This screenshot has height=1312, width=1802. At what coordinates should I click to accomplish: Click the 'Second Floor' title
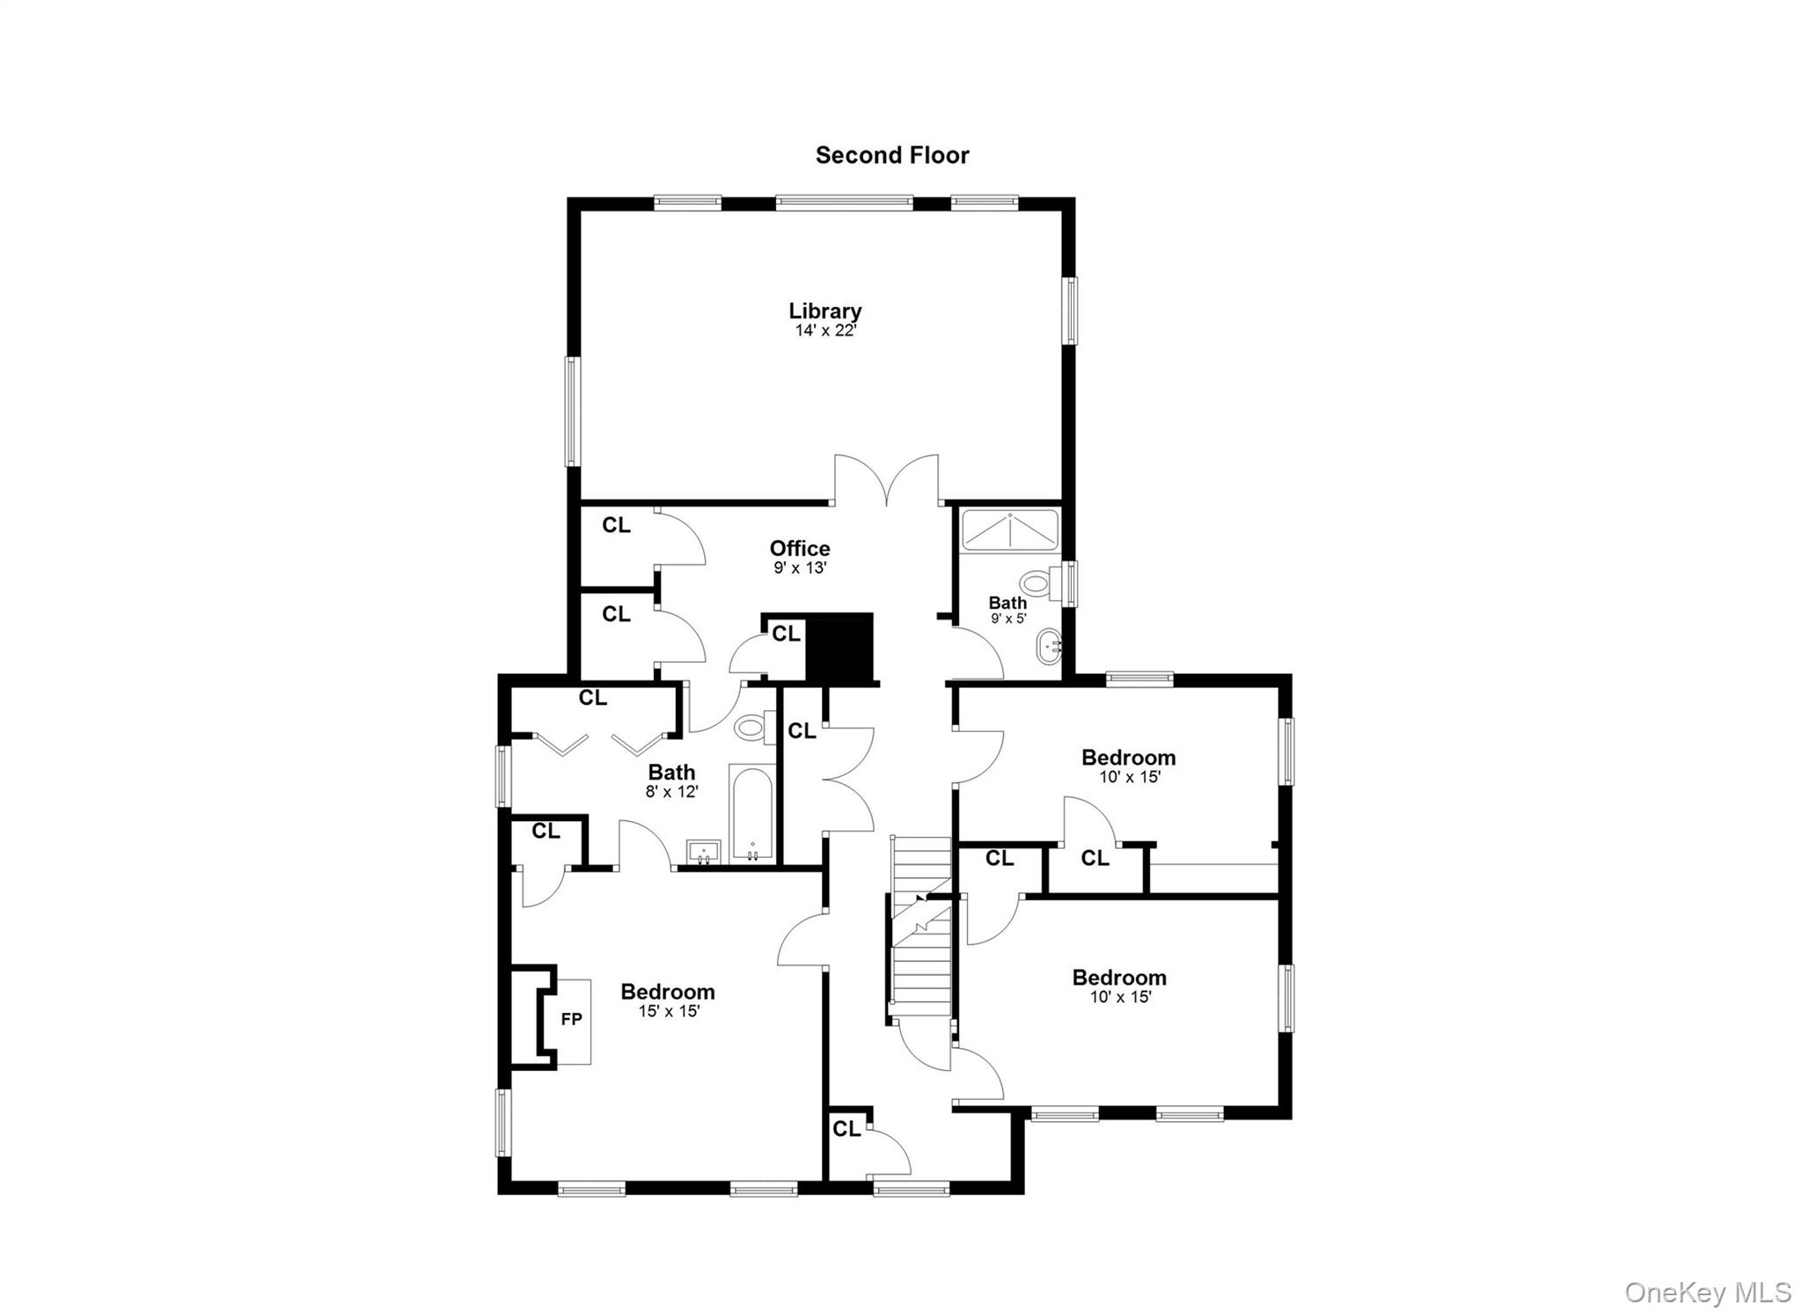(x=891, y=156)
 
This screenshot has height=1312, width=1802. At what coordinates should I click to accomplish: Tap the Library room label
(x=824, y=311)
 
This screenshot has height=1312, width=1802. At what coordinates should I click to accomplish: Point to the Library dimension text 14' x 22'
(x=824, y=332)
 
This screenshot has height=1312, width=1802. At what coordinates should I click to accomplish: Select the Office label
(x=800, y=548)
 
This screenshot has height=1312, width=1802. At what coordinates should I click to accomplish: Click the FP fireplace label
(x=571, y=1019)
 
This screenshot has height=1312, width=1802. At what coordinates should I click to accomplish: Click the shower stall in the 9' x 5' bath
(x=1010, y=530)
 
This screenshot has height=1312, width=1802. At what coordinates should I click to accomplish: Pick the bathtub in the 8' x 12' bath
(x=752, y=813)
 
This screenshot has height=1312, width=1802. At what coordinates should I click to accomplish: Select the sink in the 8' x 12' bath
(x=704, y=852)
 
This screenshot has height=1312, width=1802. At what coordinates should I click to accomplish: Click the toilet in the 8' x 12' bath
(x=751, y=727)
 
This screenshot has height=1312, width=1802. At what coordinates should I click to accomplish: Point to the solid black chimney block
(x=839, y=647)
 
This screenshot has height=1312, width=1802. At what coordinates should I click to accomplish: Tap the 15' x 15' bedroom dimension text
(x=669, y=1012)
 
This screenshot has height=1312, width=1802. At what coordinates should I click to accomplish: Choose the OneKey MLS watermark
(x=1707, y=1292)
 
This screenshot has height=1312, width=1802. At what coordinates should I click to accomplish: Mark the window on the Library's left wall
(x=572, y=410)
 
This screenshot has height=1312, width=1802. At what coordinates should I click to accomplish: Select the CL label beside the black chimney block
(x=786, y=634)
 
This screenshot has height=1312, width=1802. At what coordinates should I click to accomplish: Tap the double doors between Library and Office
(x=887, y=480)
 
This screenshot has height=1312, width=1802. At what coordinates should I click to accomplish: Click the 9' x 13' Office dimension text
(x=800, y=568)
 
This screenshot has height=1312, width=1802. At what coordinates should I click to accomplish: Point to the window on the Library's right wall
(x=1070, y=310)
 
